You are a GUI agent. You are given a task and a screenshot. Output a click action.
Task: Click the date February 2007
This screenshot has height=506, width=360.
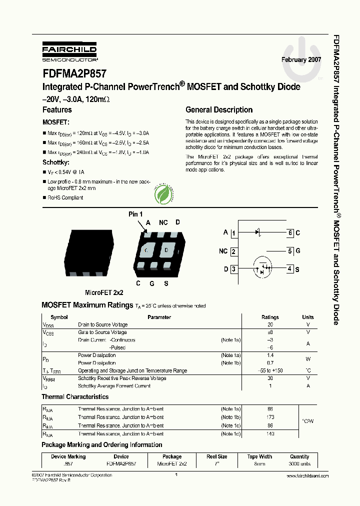click(x=301, y=59)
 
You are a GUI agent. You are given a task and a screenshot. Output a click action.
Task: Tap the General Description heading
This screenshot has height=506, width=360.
click(x=219, y=110)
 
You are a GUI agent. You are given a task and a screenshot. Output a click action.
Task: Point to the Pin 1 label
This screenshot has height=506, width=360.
click(x=135, y=214)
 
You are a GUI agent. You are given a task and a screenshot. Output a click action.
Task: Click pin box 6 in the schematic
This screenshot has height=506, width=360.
click(x=290, y=233)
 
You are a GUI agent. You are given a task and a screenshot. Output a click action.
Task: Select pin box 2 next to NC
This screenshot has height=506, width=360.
click(x=233, y=252)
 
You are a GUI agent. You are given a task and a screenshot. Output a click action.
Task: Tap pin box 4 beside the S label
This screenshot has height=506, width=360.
click(x=290, y=269)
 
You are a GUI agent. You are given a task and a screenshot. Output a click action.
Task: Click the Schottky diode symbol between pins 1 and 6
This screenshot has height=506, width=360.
click(x=258, y=232)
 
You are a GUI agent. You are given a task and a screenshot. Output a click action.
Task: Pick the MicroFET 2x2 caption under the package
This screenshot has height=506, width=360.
click(x=104, y=292)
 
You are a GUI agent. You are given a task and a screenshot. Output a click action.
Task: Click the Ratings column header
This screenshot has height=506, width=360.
click(x=270, y=317)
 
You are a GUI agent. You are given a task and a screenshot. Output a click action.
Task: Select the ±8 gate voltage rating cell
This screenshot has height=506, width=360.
click(x=270, y=332)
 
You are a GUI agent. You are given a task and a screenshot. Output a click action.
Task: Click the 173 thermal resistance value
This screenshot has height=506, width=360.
click(x=270, y=417)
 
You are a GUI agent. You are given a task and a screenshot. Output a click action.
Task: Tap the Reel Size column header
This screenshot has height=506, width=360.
click(x=217, y=456)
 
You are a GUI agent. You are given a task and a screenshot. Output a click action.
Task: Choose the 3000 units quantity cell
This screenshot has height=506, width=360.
click(x=299, y=464)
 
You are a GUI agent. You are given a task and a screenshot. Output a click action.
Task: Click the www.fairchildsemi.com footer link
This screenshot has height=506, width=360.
click(x=308, y=476)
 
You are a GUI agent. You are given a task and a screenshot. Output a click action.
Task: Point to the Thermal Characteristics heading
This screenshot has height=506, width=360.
click(x=75, y=396)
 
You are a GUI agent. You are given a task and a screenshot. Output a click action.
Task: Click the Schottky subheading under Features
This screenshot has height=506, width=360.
click(x=55, y=162)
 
